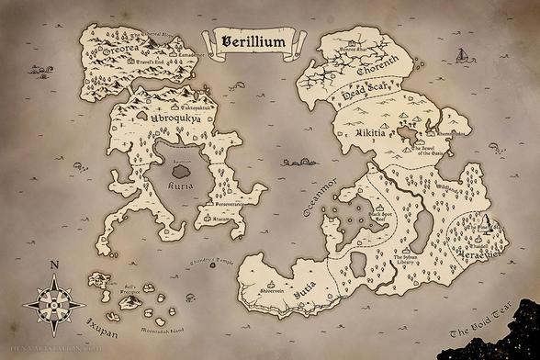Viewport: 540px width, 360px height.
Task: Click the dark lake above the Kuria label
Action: point(180,169)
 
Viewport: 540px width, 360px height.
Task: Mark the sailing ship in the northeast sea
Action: point(463,57)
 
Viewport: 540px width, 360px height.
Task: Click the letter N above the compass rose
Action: point(54,266)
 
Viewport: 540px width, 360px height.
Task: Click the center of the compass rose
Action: point(54,301)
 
